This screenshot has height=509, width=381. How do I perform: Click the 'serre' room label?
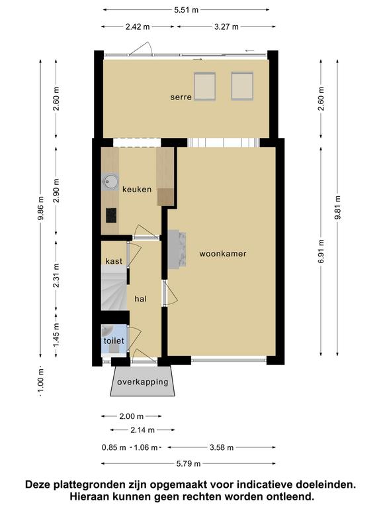(181, 97)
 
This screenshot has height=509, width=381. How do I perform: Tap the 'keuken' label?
(137, 190)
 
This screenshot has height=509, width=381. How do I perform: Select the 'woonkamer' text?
(222, 254)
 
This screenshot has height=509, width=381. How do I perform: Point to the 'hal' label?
(141, 299)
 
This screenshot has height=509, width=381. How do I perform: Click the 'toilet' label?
(114, 341)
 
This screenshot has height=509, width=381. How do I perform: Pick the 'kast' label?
(114, 261)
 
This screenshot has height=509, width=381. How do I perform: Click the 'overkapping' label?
(143, 382)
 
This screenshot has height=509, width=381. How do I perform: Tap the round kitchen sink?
(110, 181)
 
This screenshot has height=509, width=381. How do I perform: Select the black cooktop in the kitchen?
(111, 215)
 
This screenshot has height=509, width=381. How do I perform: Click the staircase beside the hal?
(114, 288)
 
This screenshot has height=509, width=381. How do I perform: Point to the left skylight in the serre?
(205, 87)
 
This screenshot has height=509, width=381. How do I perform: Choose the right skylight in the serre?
(242, 86)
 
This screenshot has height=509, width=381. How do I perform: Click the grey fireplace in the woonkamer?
(177, 249)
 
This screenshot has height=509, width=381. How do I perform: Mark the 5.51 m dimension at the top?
(186, 10)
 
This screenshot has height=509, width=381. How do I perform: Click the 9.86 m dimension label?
(40, 208)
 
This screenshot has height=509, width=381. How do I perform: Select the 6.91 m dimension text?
(321, 251)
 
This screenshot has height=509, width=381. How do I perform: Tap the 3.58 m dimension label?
(222, 447)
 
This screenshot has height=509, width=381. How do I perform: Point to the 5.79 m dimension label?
(189, 463)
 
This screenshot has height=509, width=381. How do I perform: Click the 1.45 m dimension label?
(56, 335)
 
